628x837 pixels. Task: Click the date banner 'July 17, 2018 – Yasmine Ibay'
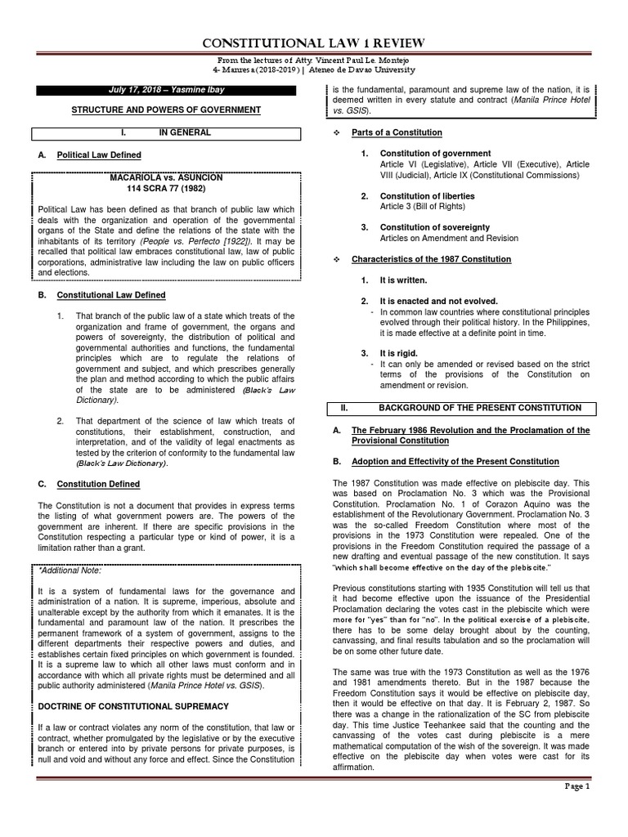(x=166, y=88)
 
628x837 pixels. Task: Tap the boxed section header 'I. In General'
(x=166, y=132)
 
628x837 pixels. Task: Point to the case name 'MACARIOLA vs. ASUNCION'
(x=166, y=177)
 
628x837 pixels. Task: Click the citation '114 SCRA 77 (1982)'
(x=166, y=188)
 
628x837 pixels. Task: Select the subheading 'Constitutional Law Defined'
(x=110, y=295)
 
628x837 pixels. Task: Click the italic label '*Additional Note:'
(x=71, y=570)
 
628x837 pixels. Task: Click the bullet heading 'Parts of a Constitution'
(x=397, y=132)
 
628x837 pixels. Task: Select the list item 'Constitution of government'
(x=435, y=153)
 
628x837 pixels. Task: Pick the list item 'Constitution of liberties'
(x=428, y=196)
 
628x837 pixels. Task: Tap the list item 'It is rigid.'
(x=401, y=352)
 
